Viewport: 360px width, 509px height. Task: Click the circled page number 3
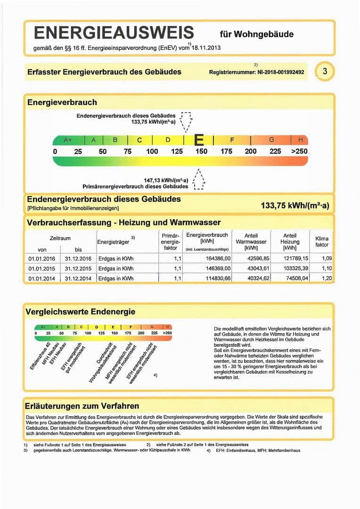(325, 72)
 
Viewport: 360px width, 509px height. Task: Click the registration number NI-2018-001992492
(257, 73)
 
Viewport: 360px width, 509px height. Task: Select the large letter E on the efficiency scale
(199, 140)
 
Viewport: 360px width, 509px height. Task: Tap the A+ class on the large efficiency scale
(68, 140)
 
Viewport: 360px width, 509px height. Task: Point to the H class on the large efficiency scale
(300, 140)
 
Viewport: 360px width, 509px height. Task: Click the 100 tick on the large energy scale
(152, 151)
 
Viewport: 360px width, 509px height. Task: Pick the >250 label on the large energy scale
(299, 151)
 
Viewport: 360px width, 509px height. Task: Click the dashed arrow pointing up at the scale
(199, 180)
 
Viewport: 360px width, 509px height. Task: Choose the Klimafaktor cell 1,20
(326, 278)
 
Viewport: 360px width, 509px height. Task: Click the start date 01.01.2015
(42, 268)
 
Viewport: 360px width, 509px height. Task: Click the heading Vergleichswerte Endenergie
(81, 312)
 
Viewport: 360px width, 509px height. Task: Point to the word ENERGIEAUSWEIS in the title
(114, 33)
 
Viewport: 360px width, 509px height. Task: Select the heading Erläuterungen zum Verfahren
(82, 406)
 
